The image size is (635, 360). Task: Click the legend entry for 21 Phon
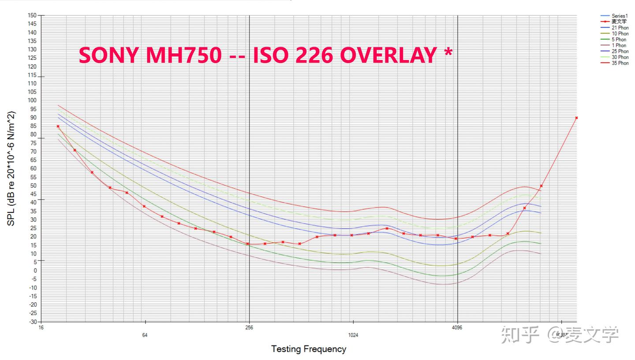[x=620, y=28]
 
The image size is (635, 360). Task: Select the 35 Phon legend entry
[x=620, y=63]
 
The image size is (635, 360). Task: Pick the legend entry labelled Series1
[x=619, y=16]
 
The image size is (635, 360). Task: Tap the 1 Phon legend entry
[x=618, y=45]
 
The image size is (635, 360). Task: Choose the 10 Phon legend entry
[x=620, y=33]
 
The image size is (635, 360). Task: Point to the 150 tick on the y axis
[x=32, y=15]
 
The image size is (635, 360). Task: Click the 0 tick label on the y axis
[x=34, y=271]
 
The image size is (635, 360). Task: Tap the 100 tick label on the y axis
[x=32, y=100]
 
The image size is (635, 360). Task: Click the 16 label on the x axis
[x=41, y=327]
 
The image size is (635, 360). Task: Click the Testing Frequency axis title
[x=308, y=349]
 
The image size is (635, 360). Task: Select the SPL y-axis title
[x=11, y=168]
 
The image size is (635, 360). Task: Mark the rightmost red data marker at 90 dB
[x=576, y=118]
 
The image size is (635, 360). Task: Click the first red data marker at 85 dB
[x=58, y=126]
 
